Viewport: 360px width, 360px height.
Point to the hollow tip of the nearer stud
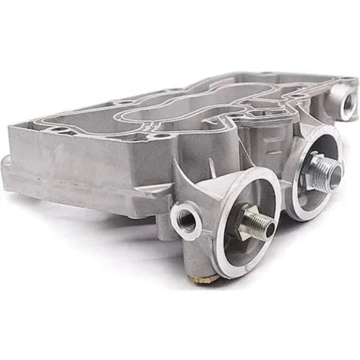(270, 230)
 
